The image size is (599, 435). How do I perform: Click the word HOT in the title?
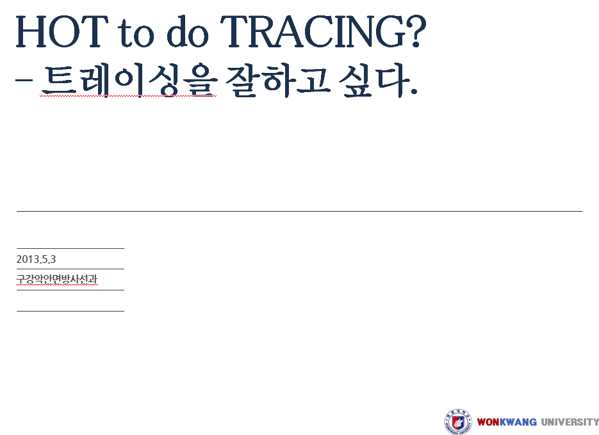pyautogui.click(x=62, y=32)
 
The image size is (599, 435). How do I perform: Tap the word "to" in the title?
pyautogui.click(x=136, y=33)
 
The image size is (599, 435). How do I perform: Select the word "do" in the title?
pyautogui.click(x=188, y=31)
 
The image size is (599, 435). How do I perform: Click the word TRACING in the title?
pyautogui.click(x=313, y=32)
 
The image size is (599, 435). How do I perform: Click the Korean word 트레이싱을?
pyautogui.click(x=129, y=81)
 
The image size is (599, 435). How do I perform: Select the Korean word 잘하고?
pyautogui.click(x=278, y=81)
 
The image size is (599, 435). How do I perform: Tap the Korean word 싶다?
pyautogui.click(x=372, y=81)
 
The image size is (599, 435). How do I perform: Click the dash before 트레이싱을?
pyautogui.click(x=24, y=81)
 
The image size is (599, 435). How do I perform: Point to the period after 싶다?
pyautogui.click(x=413, y=91)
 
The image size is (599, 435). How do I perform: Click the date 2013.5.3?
pyautogui.click(x=36, y=260)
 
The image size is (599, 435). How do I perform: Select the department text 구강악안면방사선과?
pyautogui.click(x=56, y=280)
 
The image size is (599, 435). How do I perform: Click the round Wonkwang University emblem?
pyautogui.click(x=458, y=422)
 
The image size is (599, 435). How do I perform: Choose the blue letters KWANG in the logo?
pyautogui.click(x=518, y=422)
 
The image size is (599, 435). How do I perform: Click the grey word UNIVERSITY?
pyautogui.click(x=570, y=422)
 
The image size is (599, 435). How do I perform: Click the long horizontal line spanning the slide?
pyautogui.click(x=300, y=211)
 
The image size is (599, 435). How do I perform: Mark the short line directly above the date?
pyautogui.click(x=70, y=248)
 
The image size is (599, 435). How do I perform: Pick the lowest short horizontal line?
pyautogui.click(x=70, y=312)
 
